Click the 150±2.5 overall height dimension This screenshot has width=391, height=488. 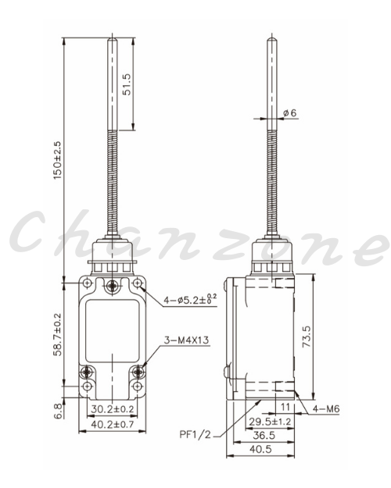[58, 160]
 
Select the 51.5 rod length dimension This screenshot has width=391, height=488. [127, 84]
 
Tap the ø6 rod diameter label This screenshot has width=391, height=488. [290, 113]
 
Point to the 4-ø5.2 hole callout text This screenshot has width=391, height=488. [190, 300]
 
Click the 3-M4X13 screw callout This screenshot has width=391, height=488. [186, 340]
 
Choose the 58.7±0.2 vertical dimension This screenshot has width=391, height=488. [58, 334]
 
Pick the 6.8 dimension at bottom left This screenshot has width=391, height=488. [58, 411]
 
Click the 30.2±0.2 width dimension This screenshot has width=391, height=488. [113, 408]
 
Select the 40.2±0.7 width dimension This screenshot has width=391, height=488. [113, 424]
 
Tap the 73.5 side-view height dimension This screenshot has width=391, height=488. [307, 337]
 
